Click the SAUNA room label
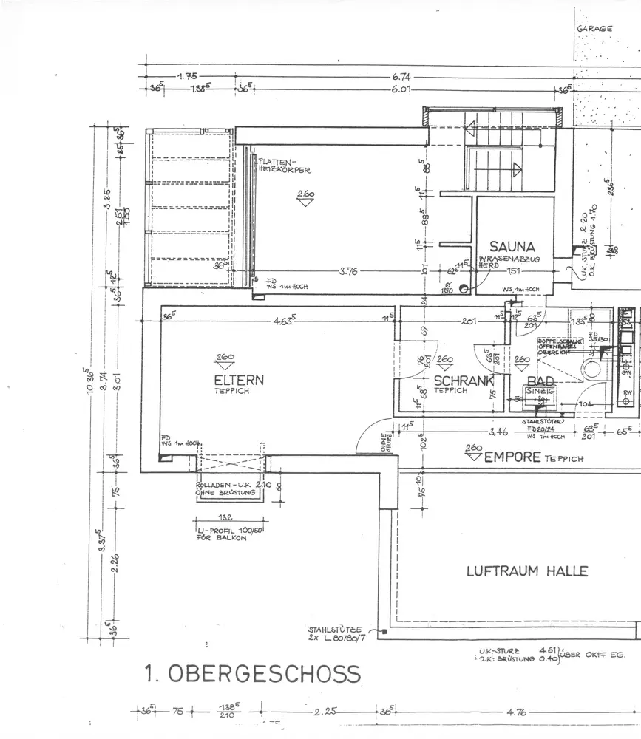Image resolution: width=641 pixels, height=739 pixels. point(512,246)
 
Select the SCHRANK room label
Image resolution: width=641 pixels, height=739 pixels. point(464,381)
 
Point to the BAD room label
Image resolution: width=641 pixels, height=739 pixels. point(540,381)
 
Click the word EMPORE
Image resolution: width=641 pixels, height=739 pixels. point(512,457)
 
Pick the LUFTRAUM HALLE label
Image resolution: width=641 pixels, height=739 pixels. point(526,571)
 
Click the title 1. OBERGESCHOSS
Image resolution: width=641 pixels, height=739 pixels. point(252,674)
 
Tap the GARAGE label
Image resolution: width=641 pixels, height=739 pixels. point(595,29)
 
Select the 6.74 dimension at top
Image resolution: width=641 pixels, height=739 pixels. point(402,76)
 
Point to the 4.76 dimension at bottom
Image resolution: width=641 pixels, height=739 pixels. point(515,713)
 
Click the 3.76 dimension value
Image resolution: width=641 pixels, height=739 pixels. point(348,271)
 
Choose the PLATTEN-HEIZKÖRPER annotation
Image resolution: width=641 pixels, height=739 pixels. point(284,165)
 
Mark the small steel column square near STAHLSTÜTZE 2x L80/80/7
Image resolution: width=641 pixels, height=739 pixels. point(384,633)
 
